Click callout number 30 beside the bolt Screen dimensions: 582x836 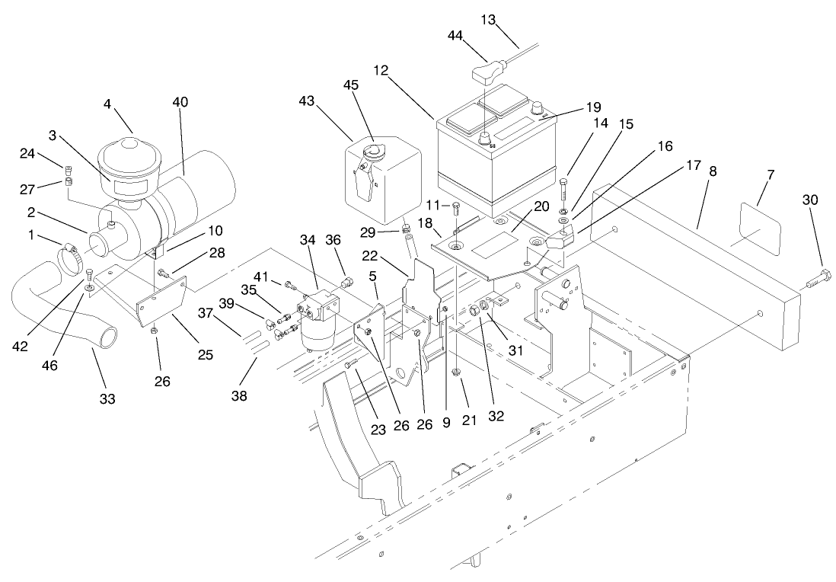point(810,200)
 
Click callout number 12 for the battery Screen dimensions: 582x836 point(381,70)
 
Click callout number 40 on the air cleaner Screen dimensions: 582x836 point(180,102)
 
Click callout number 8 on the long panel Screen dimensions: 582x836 point(713,172)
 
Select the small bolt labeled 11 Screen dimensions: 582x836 point(455,208)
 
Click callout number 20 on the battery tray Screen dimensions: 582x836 point(541,206)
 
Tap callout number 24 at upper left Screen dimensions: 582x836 point(27,155)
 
